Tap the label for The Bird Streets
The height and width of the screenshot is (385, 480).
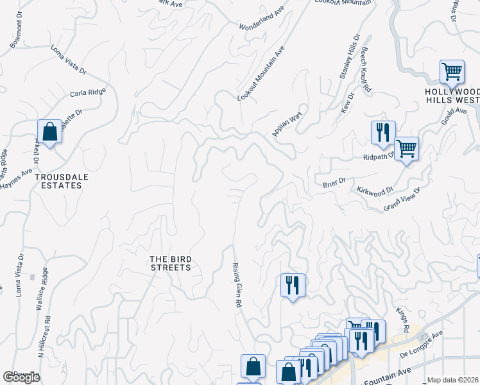click(x=170, y=262)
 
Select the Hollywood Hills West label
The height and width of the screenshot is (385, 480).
click(x=452, y=96)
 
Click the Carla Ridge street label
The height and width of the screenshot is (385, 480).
click(x=88, y=93)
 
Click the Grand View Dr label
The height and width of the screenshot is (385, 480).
click(x=401, y=200)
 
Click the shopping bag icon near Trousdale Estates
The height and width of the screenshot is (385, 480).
click(x=49, y=132)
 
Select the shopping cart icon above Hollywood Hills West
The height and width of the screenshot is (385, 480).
click(x=452, y=71)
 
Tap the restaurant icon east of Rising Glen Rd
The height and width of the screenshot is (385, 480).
click(x=292, y=284)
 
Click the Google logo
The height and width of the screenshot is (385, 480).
click(x=22, y=377)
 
